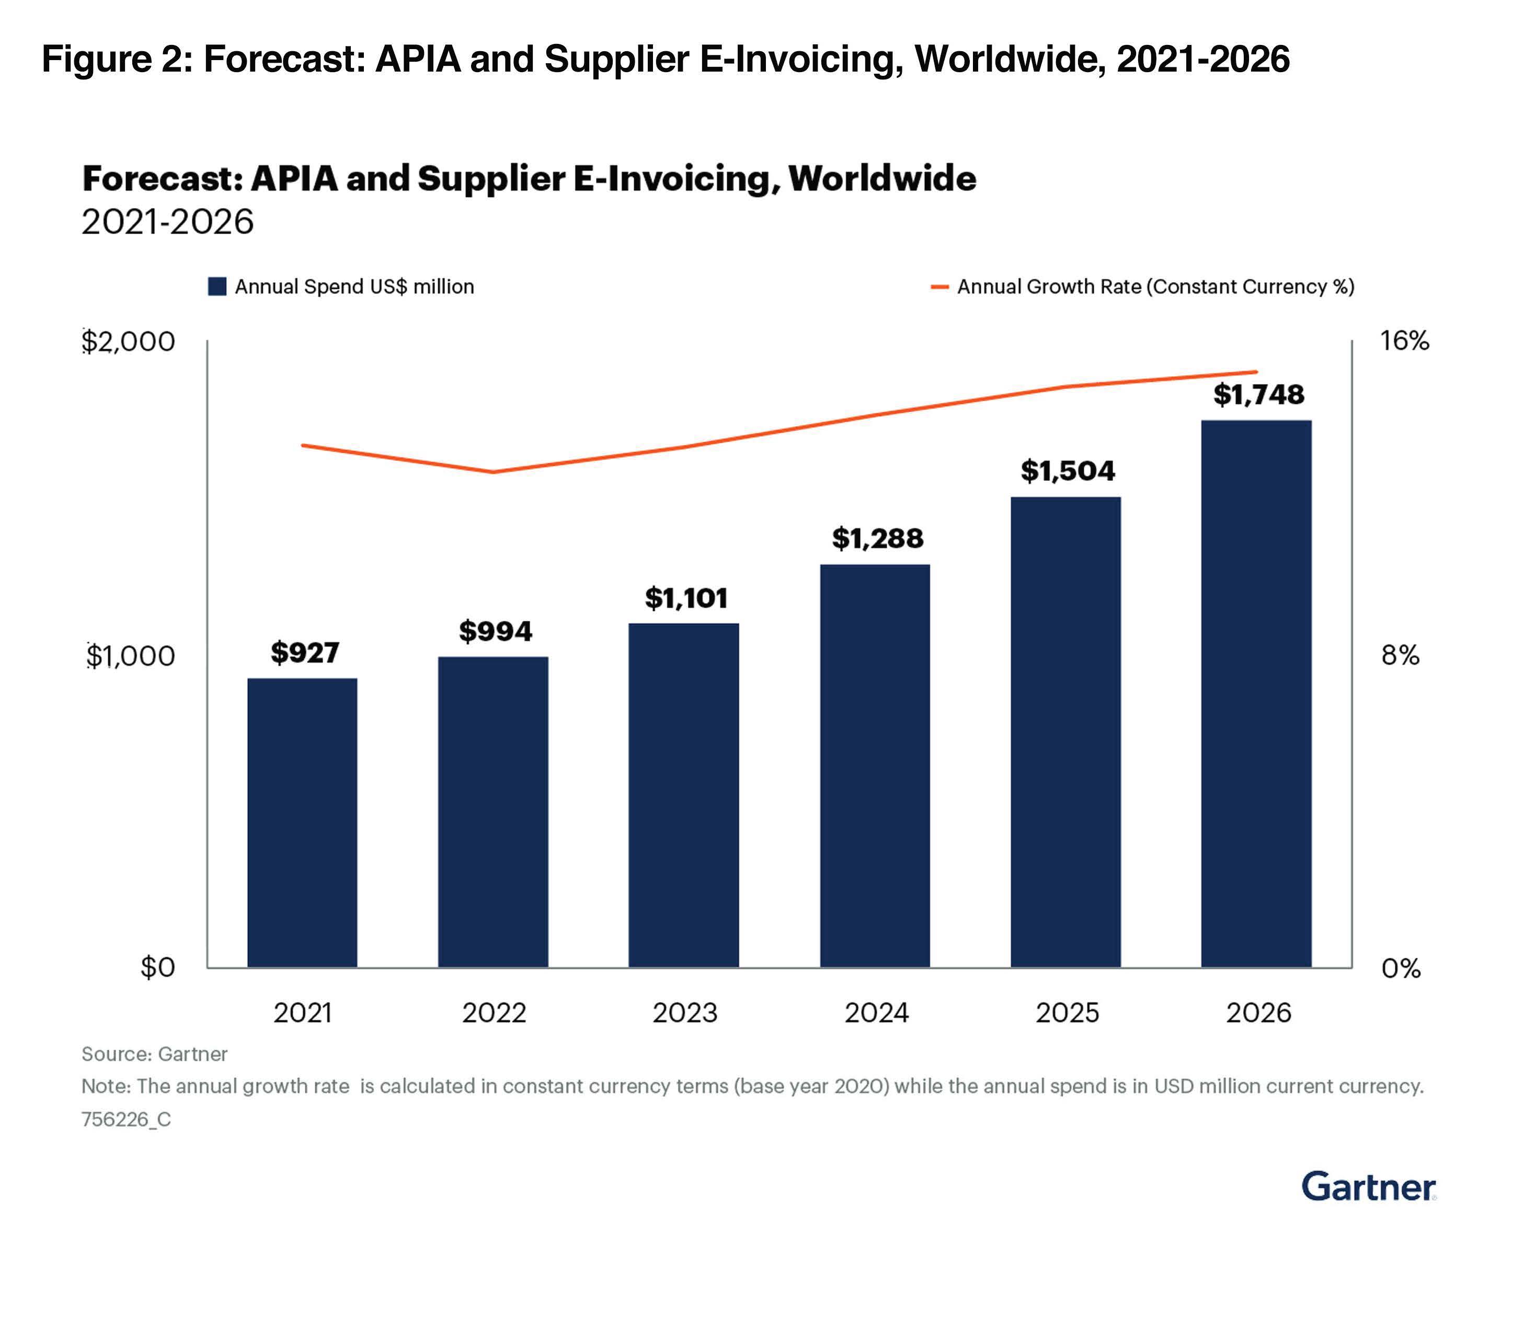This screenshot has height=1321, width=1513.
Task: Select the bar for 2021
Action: (302, 822)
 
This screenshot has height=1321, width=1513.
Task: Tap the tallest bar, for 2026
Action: (1256, 693)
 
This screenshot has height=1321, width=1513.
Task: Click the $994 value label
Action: (495, 631)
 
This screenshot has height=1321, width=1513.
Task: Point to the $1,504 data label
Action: (1067, 470)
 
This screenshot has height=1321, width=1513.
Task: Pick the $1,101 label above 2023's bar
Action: (686, 598)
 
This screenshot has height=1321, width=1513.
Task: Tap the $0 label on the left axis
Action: (158, 967)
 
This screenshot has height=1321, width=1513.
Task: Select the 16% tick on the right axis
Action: (1404, 341)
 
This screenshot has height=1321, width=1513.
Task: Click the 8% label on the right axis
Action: (1400, 655)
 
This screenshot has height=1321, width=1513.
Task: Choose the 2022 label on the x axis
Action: (494, 1013)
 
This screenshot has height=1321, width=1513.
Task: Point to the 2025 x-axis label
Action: (1067, 1013)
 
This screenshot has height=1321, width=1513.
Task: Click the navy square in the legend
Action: (217, 287)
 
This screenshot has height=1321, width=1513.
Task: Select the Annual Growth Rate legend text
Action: (1155, 287)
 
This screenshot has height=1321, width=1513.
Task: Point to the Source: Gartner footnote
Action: (154, 1054)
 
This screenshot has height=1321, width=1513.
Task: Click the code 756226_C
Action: (126, 1120)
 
